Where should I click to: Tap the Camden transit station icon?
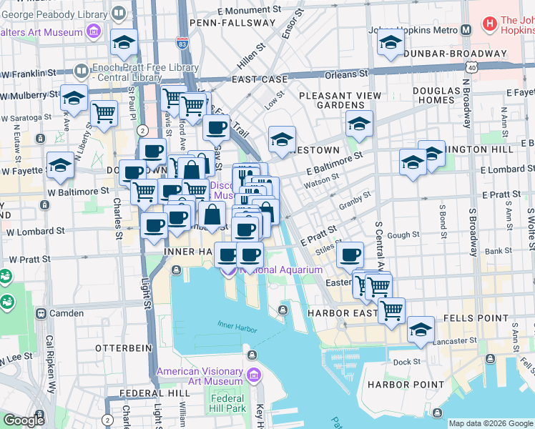pyautogui.click(x=42, y=313)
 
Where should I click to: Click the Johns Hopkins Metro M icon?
pyautogui.click(x=466, y=30)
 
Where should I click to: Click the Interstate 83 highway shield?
pyautogui.click(x=182, y=44)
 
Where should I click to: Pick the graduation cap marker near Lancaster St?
pyautogui.click(x=421, y=330)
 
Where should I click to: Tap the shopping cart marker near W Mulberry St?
pyautogui.click(x=104, y=113)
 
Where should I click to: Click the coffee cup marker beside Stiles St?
pyautogui.click(x=350, y=255)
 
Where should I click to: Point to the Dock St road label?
pyautogui.click(x=406, y=362)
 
